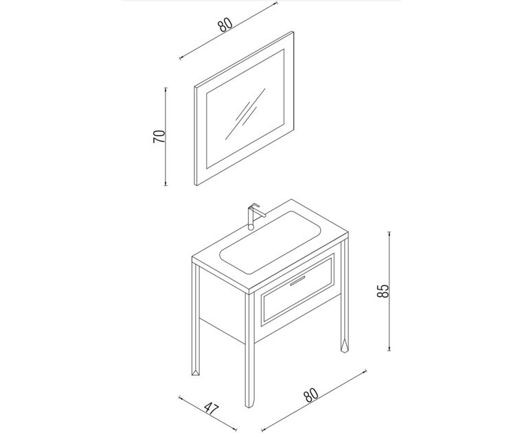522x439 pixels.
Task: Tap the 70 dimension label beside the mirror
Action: click(x=159, y=137)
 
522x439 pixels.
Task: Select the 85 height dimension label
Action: click(x=383, y=291)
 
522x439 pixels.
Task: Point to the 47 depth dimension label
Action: click(x=212, y=409)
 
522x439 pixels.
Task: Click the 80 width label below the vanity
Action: click(x=311, y=395)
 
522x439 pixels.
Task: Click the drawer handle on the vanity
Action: click(x=297, y=281)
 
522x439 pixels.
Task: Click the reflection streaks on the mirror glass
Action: click(x=246, y=114)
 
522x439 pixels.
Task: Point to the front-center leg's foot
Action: click(x=249, y=403)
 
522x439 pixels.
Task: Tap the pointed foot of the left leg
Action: click(x=196, y=372)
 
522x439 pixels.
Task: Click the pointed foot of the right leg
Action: click(x=344, y=346)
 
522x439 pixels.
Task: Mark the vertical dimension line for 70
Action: click(x=166, y=137)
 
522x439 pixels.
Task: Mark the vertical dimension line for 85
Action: click(x=389, y=291)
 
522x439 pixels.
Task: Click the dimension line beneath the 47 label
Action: click(x=207, y=413)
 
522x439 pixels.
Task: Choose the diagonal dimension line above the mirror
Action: click(x=228, y=31)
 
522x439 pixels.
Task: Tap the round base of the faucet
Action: click(x=251, y=227)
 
